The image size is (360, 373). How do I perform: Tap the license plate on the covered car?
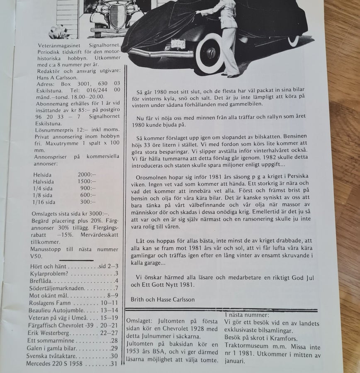[178, 44]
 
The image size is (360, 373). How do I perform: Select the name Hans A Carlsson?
[57, 78]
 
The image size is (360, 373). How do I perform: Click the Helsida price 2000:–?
[87, 174]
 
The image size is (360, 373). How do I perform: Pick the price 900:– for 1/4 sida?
[88, 188]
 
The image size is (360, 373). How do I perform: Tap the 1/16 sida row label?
[44, 202]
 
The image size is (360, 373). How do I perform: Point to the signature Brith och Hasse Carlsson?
[163, 300]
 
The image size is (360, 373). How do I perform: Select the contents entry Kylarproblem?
[49, 274]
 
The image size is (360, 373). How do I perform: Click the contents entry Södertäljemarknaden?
[57, 288]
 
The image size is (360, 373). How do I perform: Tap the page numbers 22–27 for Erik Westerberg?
[109, 333]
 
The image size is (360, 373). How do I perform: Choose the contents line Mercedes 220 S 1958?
[54, 363]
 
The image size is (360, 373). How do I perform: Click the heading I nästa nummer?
[247, 315]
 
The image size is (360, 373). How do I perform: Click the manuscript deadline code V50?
[36, 256]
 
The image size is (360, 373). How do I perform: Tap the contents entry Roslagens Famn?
[50, 303]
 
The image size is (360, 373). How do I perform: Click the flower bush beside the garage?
[60, 32]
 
